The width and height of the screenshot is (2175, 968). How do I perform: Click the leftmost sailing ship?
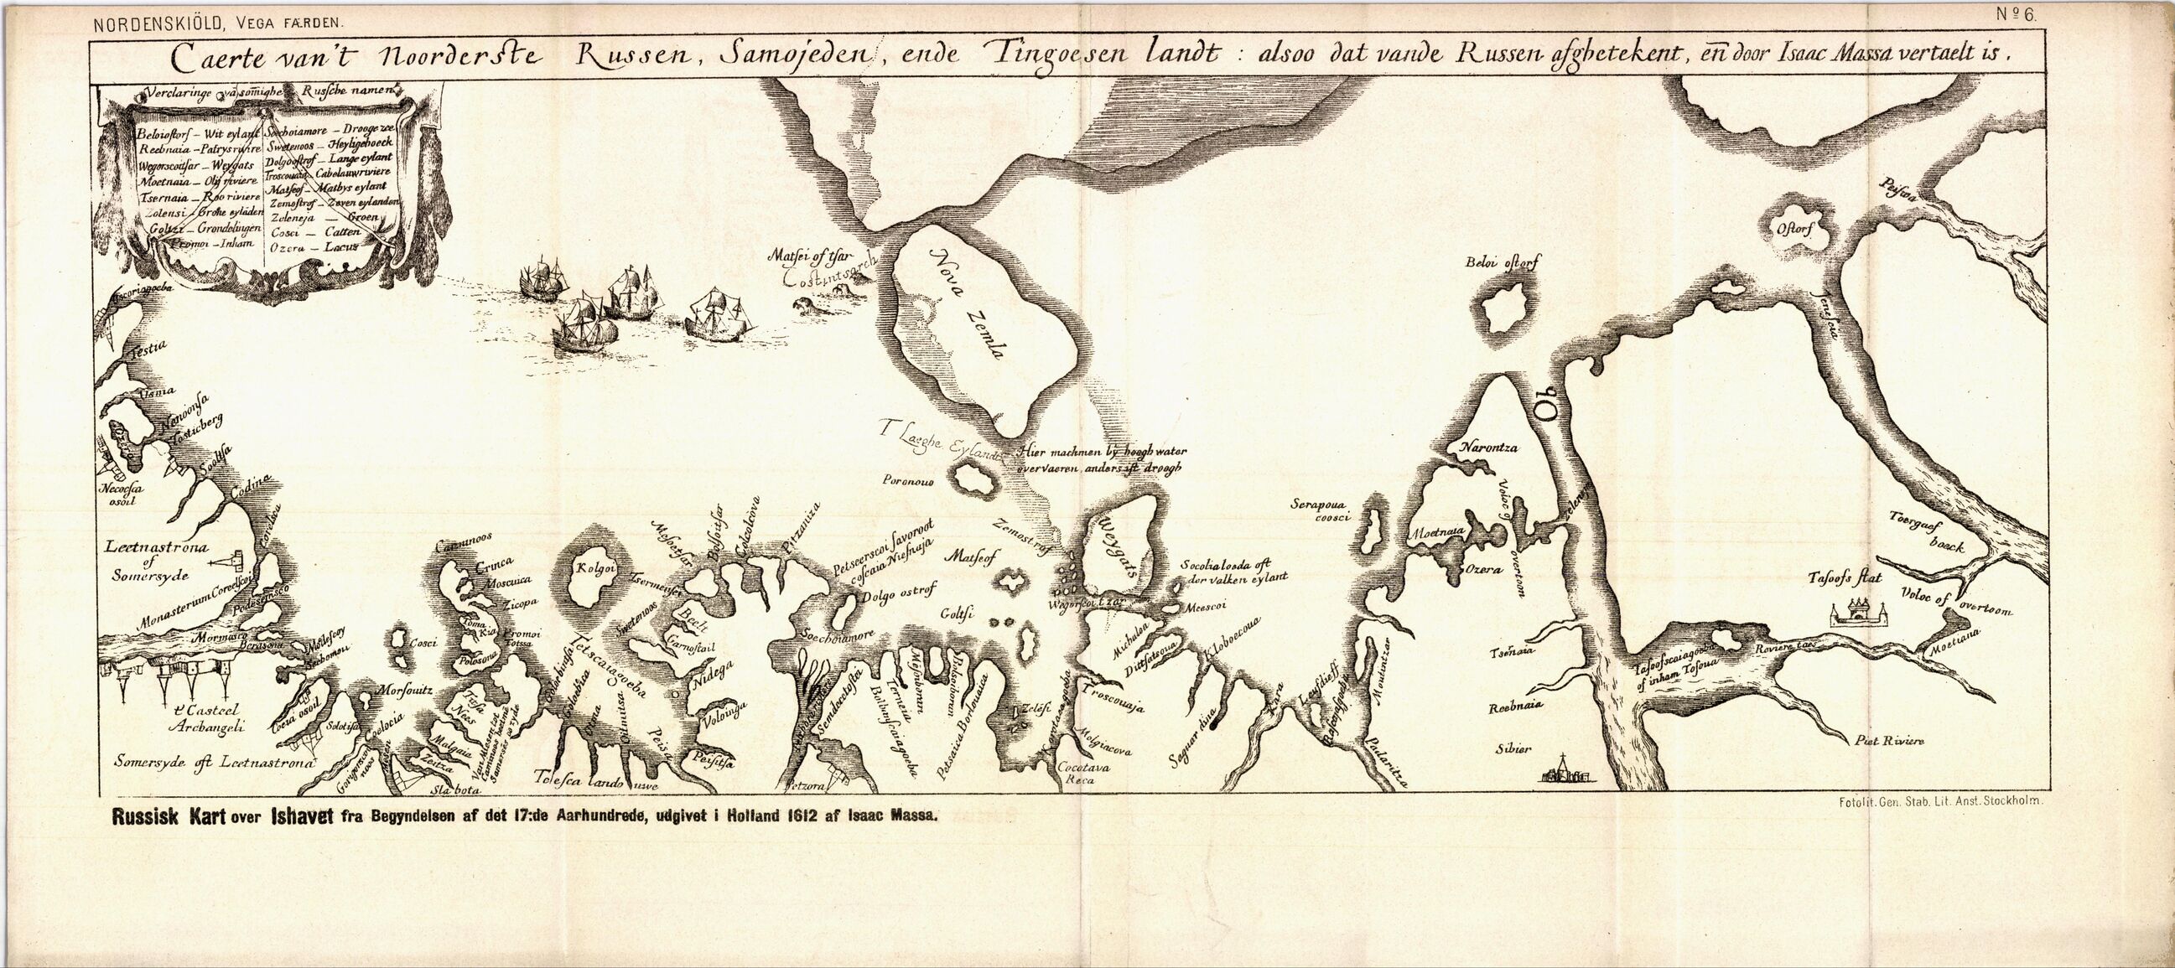[x=542, y=279]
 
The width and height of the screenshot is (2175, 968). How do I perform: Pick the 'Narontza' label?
[x=1488, y=448]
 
